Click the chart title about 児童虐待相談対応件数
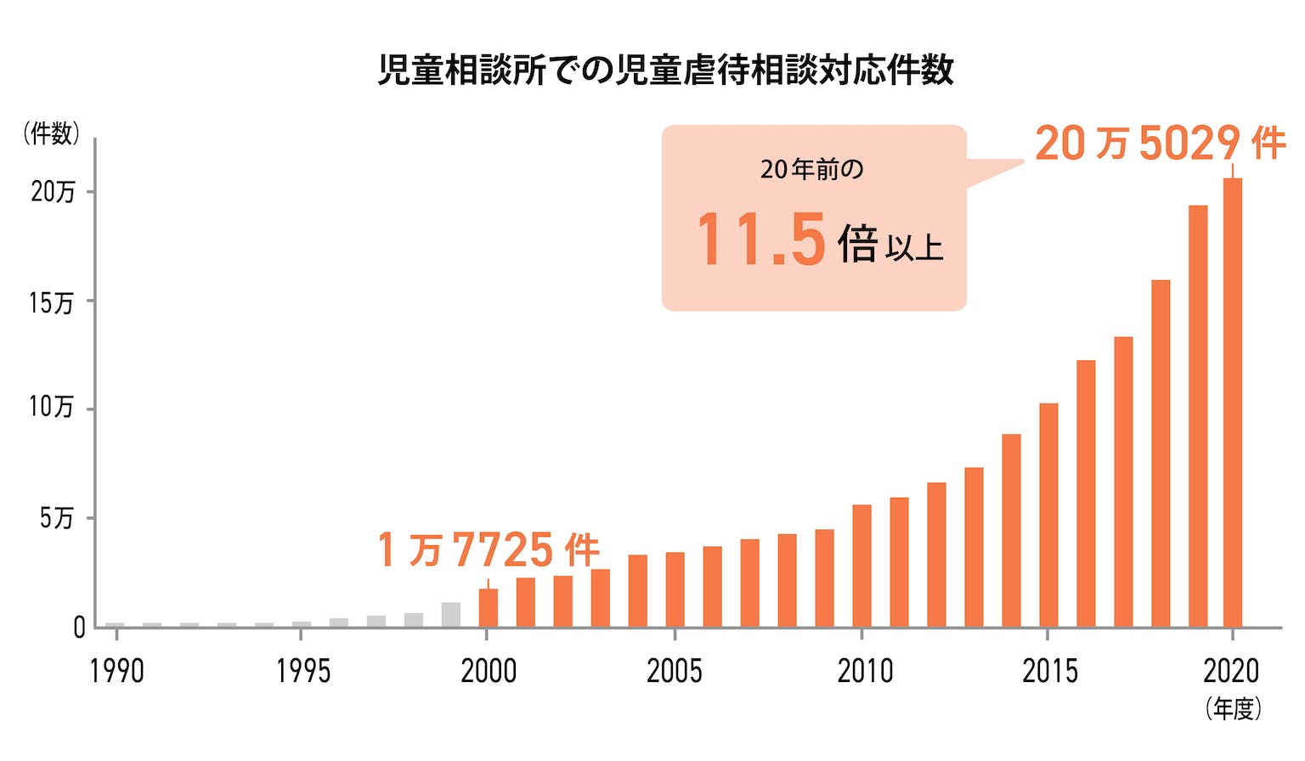click(665, 70)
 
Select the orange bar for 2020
click(1232, 403)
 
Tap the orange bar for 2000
click(488, 607)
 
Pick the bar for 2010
click(862, 566)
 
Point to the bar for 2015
click(1048, 515)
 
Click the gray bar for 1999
click(450, 615)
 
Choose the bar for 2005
click(675, 589)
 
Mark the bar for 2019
click(1197, 416)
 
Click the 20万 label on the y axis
click(53, 192)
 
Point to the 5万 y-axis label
click(56, 518)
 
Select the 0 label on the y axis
click(79, 628)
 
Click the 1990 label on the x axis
click(116, 672)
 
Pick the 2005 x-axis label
click(675, 672)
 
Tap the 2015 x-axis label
click(1049, 672)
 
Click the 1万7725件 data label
click(489, 550)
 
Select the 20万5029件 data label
click(1160, 143)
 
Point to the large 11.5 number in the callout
click(761, 240)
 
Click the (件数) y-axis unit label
click(51, 133)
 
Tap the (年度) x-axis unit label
click(1233, 708)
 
